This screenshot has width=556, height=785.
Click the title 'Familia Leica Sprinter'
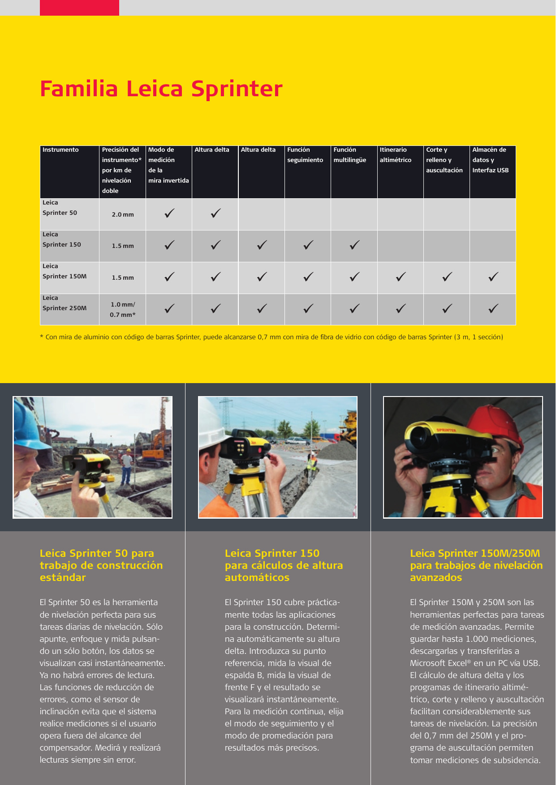pos(161,89)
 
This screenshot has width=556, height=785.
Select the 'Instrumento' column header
pos(60,150)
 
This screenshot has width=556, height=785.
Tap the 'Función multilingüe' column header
pos(349,155)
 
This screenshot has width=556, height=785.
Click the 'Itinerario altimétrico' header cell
pos(395,155)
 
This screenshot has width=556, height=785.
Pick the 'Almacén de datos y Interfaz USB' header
pos(490,160)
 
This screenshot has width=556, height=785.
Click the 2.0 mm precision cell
pos(123,215)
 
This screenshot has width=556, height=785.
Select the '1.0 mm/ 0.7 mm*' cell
pos(123,310)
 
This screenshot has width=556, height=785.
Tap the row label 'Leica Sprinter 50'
pos(60,208)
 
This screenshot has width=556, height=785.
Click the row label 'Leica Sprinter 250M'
pos(65,303)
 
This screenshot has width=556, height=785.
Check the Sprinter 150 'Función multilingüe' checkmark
pos(354,245)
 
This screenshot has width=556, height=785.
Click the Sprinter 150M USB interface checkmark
pos(493,277)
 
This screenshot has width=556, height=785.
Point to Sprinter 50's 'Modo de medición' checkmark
pos(169,213)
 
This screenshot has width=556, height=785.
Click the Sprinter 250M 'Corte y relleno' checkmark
pos(447,308)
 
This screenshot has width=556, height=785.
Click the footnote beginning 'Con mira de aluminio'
pos(274,337)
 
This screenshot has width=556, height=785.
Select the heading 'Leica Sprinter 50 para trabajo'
pos(101,565)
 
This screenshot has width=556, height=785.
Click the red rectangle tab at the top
pos(79,8)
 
